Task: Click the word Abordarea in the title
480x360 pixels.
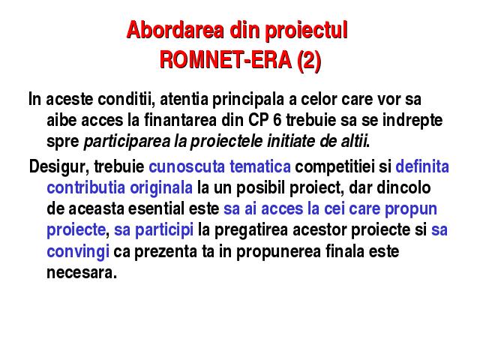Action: click(x=175, y=30)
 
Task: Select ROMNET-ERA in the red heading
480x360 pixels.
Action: click(x=226, y=59)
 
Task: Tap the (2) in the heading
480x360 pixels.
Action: click(x=309, y=60)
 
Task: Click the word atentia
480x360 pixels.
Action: click(x=184, y=99)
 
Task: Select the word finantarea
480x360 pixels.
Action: click(x=180, y=120)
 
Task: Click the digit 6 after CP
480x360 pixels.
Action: click(x=277, y=120)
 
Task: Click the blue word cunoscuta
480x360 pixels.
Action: click(x=187, y=166)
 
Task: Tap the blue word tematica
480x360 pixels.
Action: click(x=260, y=166)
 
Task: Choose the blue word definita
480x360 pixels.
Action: click(x=422, y=166)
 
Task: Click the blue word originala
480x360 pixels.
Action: click(x=161, y=189)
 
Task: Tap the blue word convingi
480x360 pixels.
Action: click(x=78, y=252)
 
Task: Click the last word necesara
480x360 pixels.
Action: click(x=82, y=273)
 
